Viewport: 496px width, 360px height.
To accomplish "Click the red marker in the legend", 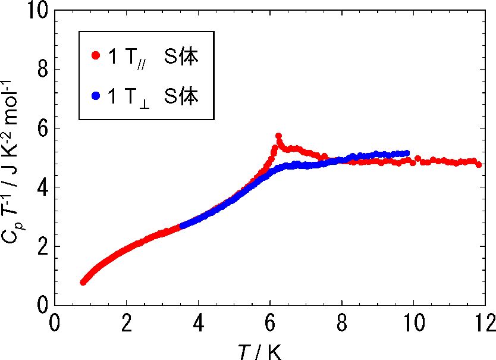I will click(95, 56).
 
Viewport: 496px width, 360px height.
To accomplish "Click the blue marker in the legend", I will click(95, 95).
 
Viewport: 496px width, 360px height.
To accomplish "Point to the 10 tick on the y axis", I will click(37, 11).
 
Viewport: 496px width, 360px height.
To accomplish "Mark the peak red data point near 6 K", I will click(278, 136).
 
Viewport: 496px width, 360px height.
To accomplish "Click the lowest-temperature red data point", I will click(83, 282).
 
